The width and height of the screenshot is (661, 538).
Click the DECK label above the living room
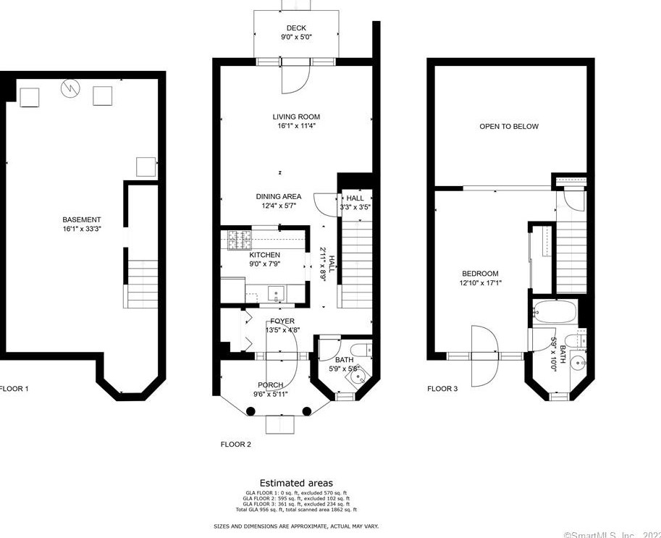click(x=296, y=28)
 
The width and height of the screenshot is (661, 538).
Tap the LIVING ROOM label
click(x=296, y=117)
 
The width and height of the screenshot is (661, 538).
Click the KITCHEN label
click(x=264, y=255)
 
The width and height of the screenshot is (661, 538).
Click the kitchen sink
click(x=276, y=293)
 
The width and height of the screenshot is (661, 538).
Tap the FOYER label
click(x=282, y=321)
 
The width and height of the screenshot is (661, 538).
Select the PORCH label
click(x=271, y=385)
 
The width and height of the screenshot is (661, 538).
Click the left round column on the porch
click(x=250, y=411)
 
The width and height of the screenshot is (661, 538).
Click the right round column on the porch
click(x=307, y=411)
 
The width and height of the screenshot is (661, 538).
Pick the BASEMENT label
click(x=82, y=219)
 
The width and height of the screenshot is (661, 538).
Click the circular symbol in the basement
click(x=70, y=88)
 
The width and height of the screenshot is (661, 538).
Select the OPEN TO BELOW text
click(x=509, y=127)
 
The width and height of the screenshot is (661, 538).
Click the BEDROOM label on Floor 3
click(x=480, y=273)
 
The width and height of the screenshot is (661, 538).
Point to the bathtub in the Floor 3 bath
click(x=554, y=313)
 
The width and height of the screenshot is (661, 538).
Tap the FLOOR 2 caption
click(x=235, y=445)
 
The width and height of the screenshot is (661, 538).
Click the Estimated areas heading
click(x=296, y=483)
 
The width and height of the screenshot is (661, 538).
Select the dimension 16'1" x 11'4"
click(x=296, y=125)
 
